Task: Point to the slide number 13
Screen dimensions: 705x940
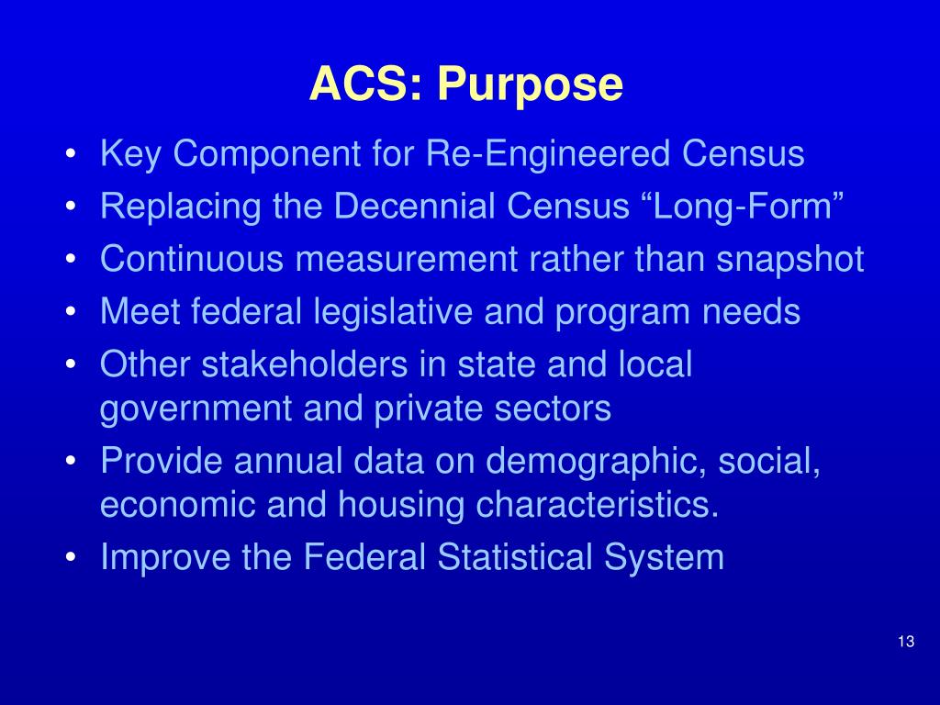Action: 906,642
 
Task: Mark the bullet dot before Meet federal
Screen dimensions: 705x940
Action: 72,313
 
